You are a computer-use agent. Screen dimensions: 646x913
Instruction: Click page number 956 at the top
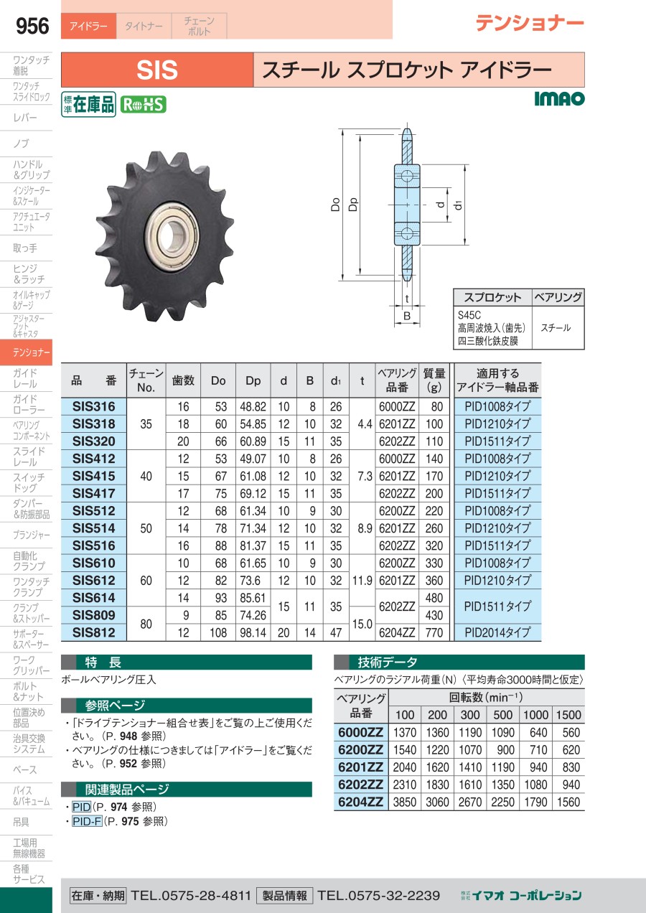pyautogui.click(x=32, y=26)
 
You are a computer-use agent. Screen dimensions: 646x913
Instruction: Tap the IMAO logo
pyautogui.click(x=559, y=98)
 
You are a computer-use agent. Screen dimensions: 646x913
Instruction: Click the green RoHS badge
pyautogui.click(x=143, y=104)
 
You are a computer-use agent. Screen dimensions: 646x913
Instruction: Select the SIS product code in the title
pyautogui.click(x=157, y=70)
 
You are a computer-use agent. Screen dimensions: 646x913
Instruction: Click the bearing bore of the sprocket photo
pyautogui.click(x=171, y=235)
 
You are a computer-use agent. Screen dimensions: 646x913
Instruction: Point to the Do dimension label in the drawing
pyautogui.click(x=335, y=204)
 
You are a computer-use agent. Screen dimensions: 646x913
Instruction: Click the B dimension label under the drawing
pyautogui.click(x=407, y=316)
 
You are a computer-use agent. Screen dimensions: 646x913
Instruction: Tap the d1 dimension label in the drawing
pyautogui.click(x=458, y=205)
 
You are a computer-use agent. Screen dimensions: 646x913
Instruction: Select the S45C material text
pyautogui.click(x=469, y=315)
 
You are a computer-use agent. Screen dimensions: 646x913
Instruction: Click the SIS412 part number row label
pyautogui.click(x=94, y=459)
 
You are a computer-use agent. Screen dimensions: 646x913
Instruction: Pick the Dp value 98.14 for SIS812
pyautogui.click(x=253, y=632)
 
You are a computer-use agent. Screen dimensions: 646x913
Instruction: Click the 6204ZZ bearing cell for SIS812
pyautogui.click(x=397, y=632)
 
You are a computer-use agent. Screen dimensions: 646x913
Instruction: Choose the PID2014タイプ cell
pyautogui.click(x=497, y=632)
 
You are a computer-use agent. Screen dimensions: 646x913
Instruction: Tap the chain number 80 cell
pyautogui.click(x=146, y=624)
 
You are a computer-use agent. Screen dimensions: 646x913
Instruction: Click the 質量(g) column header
pyautogui.click(x=434, y=380)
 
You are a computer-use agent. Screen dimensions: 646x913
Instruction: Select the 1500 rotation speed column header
pyautogui.click(x=568, y=714)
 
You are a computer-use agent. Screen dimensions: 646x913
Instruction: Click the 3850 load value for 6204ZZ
pyautogui.click(x=405, y=802)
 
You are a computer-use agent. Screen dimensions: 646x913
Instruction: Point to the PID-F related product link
pyautogui.click(x=87, y=821)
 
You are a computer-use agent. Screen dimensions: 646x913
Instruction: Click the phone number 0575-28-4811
pyautogui.click(x=206, y=896)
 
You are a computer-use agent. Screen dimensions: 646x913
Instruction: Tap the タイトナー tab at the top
pyautogui.click(x=144, y=26)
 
